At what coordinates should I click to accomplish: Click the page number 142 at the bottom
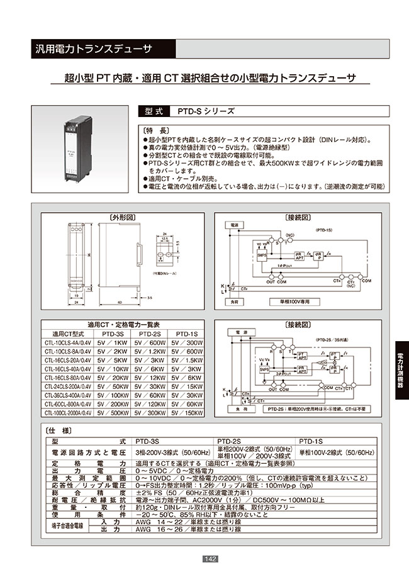(211, 559)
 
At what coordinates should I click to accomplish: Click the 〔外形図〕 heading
(123, 217)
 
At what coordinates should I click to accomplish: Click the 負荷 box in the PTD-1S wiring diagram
(233, 302)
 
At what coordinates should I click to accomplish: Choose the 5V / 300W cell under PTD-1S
(187, 343)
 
